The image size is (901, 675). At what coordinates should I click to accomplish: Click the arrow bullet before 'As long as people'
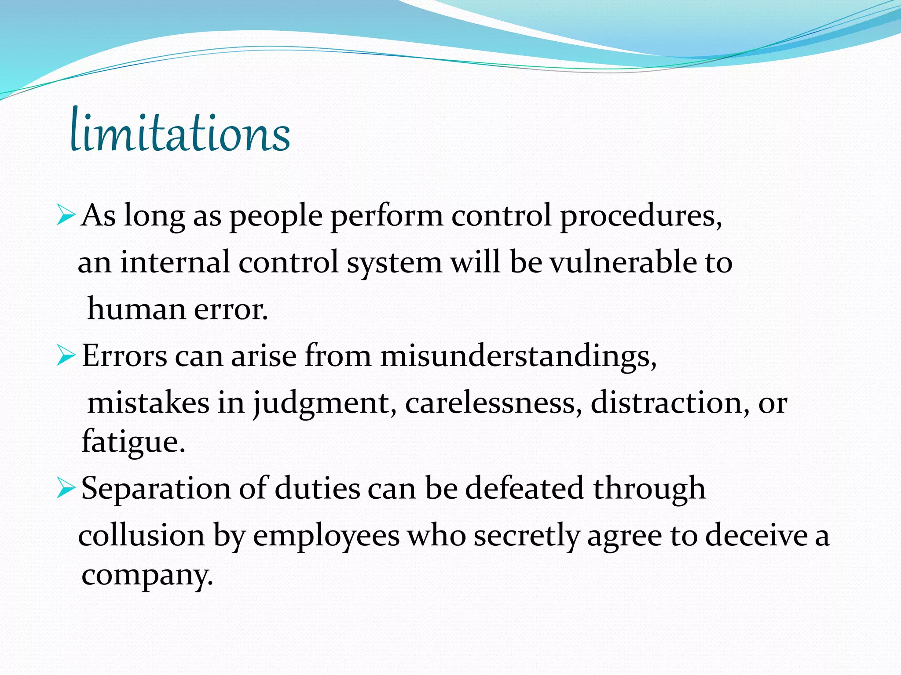66,215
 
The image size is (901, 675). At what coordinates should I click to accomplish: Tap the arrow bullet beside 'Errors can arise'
66,356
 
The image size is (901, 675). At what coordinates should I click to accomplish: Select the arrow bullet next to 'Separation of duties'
66,488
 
